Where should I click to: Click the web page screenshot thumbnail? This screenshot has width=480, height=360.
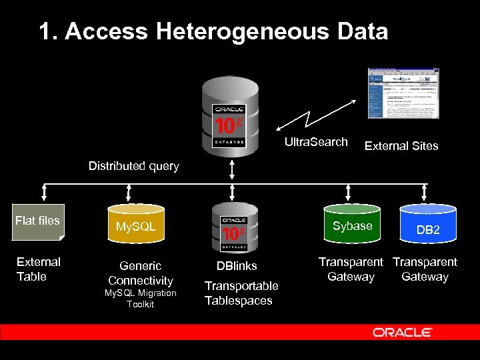pos(404,93)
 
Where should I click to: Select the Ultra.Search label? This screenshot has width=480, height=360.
pos(316,142)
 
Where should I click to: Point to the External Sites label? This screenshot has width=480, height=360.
pos(401,146)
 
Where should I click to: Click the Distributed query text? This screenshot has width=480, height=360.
pos(134,166)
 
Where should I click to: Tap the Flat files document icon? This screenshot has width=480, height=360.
pos(38,221)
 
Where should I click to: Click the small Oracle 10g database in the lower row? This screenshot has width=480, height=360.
pos(233,229)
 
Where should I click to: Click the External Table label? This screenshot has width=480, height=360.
pos(38,269)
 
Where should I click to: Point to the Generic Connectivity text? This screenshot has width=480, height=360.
pos(140,273)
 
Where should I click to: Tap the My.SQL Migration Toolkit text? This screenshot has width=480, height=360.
pos(140,299)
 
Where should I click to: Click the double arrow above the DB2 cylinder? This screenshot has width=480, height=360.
pos(425,193)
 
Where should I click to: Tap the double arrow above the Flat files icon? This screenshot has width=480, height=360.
pos(44,193)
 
